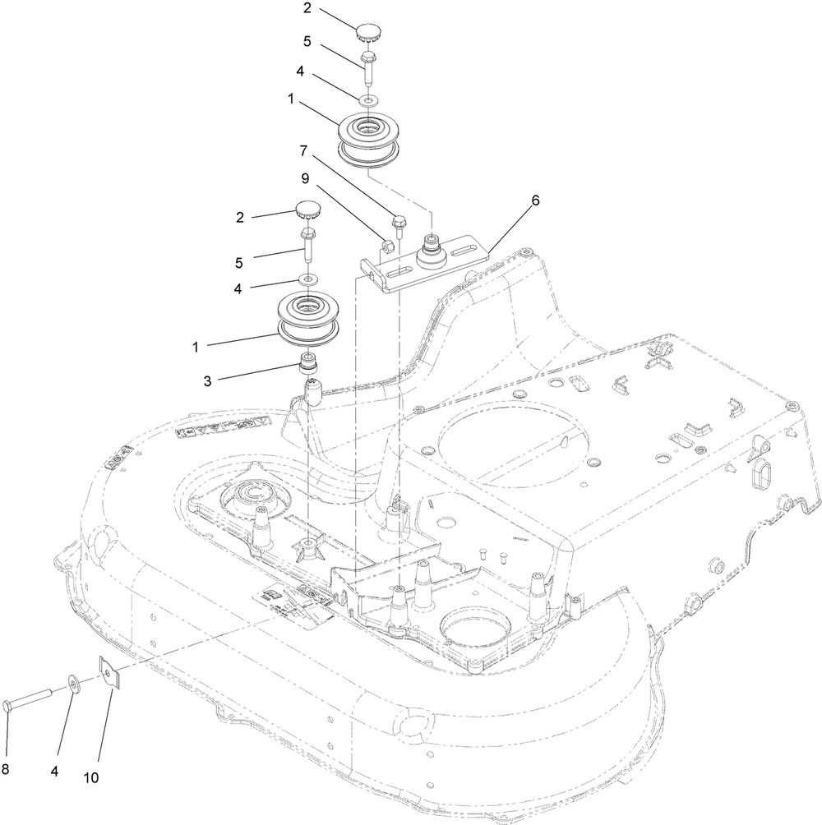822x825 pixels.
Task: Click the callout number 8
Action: pyautogui.click(x=7, y=769)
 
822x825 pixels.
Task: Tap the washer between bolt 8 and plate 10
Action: pyautogui.click(x=74, y=684)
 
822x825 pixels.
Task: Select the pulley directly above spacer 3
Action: pyautogui.click(x=307, y=319)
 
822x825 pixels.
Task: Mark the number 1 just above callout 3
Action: pyautogui.click(x=196, y=347)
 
